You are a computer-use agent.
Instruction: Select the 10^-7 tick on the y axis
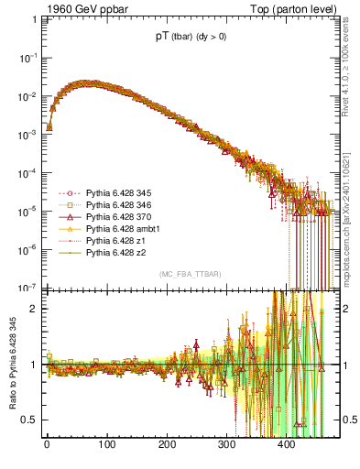[x=29, y=288]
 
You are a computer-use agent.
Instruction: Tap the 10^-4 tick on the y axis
[x=29, y=172]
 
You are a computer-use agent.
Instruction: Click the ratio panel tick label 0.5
[x=30, y=420]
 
